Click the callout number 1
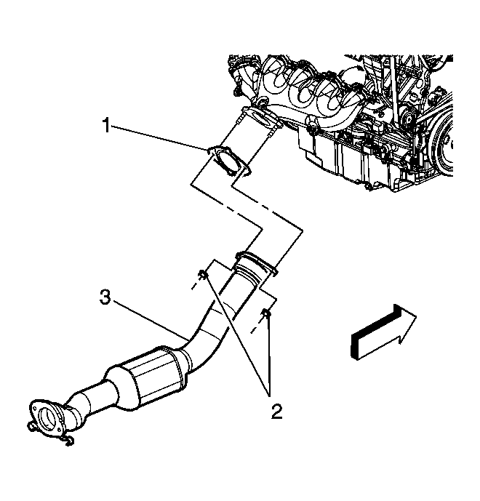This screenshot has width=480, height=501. click(106, 125)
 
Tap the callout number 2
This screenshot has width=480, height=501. click(277, 412)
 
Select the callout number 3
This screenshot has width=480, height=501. click(105, 297)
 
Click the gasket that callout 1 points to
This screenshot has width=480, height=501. click(229, 161)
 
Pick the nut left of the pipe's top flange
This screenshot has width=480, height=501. click(203, 274)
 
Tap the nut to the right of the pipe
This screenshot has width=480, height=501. click(266, 313)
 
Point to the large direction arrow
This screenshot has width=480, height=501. click(383, 332)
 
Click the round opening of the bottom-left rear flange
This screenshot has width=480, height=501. click(47, 417)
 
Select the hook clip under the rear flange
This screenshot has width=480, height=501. click(68, 441)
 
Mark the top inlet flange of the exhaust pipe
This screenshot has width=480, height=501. click(256, 261)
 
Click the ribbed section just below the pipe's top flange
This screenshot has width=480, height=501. click(249, 273)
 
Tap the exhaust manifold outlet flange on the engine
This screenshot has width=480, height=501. click(261, 119)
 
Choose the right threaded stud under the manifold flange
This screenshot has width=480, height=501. click(271, 132)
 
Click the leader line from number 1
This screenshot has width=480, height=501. click(159, 138)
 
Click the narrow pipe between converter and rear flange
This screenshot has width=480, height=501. click(92, 398)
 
